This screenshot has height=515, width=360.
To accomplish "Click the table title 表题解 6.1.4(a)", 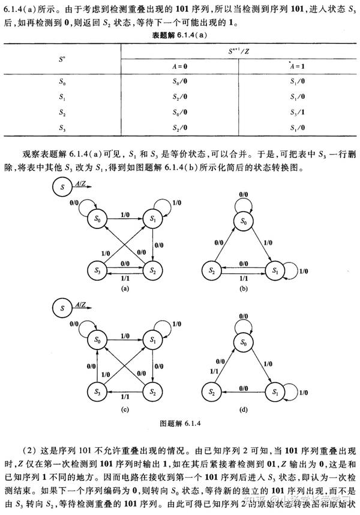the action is click(179, 35).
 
